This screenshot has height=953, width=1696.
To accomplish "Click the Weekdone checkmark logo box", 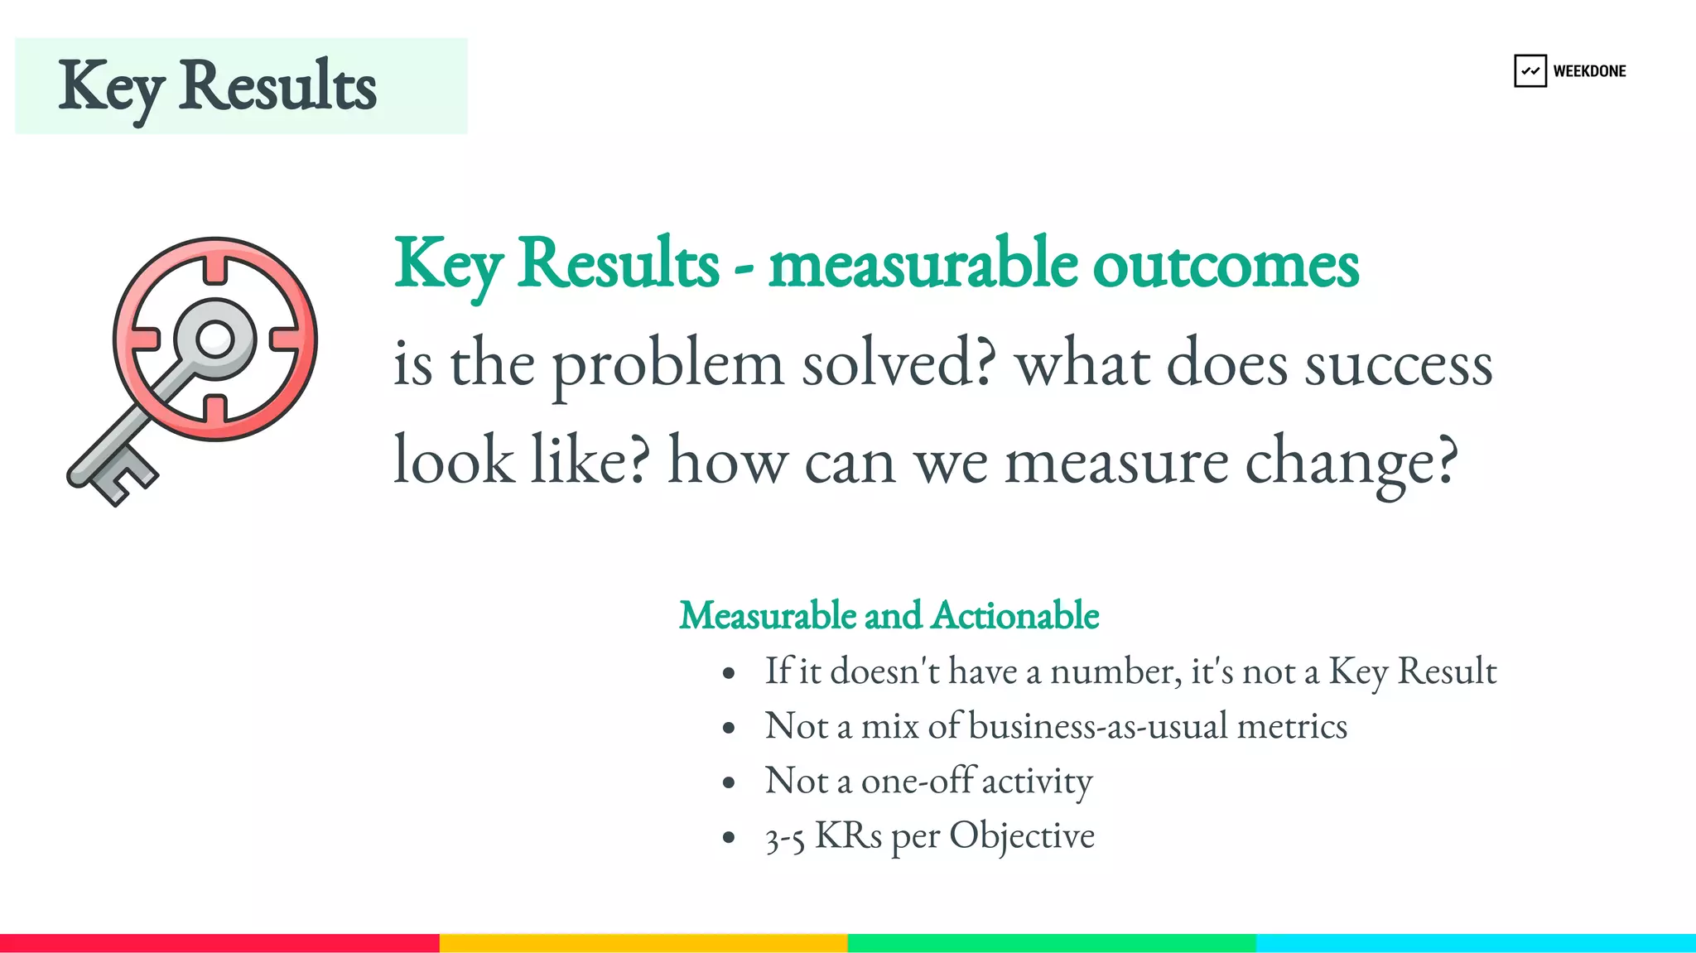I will tap(1530, 71).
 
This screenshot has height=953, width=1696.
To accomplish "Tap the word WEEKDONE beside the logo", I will tap(1589, 71).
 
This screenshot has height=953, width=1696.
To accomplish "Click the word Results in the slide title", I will tap(277, 86).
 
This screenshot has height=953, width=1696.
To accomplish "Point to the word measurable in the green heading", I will tap(923, 264).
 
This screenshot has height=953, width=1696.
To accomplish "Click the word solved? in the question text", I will tap(899, 363).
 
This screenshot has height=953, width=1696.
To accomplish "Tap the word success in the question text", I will tap(1399, 365).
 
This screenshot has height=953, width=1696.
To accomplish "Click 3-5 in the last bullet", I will tap(784, 838).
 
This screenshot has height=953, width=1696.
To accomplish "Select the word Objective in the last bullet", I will tap(1021, 836).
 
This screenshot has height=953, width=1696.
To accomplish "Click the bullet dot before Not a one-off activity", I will tap(729, 782).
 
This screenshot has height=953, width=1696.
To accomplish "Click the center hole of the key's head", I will tap(215, 339).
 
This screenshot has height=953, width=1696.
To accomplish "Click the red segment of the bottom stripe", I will tap(219, 943).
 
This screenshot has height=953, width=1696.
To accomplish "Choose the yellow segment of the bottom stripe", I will tap(643, 943).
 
